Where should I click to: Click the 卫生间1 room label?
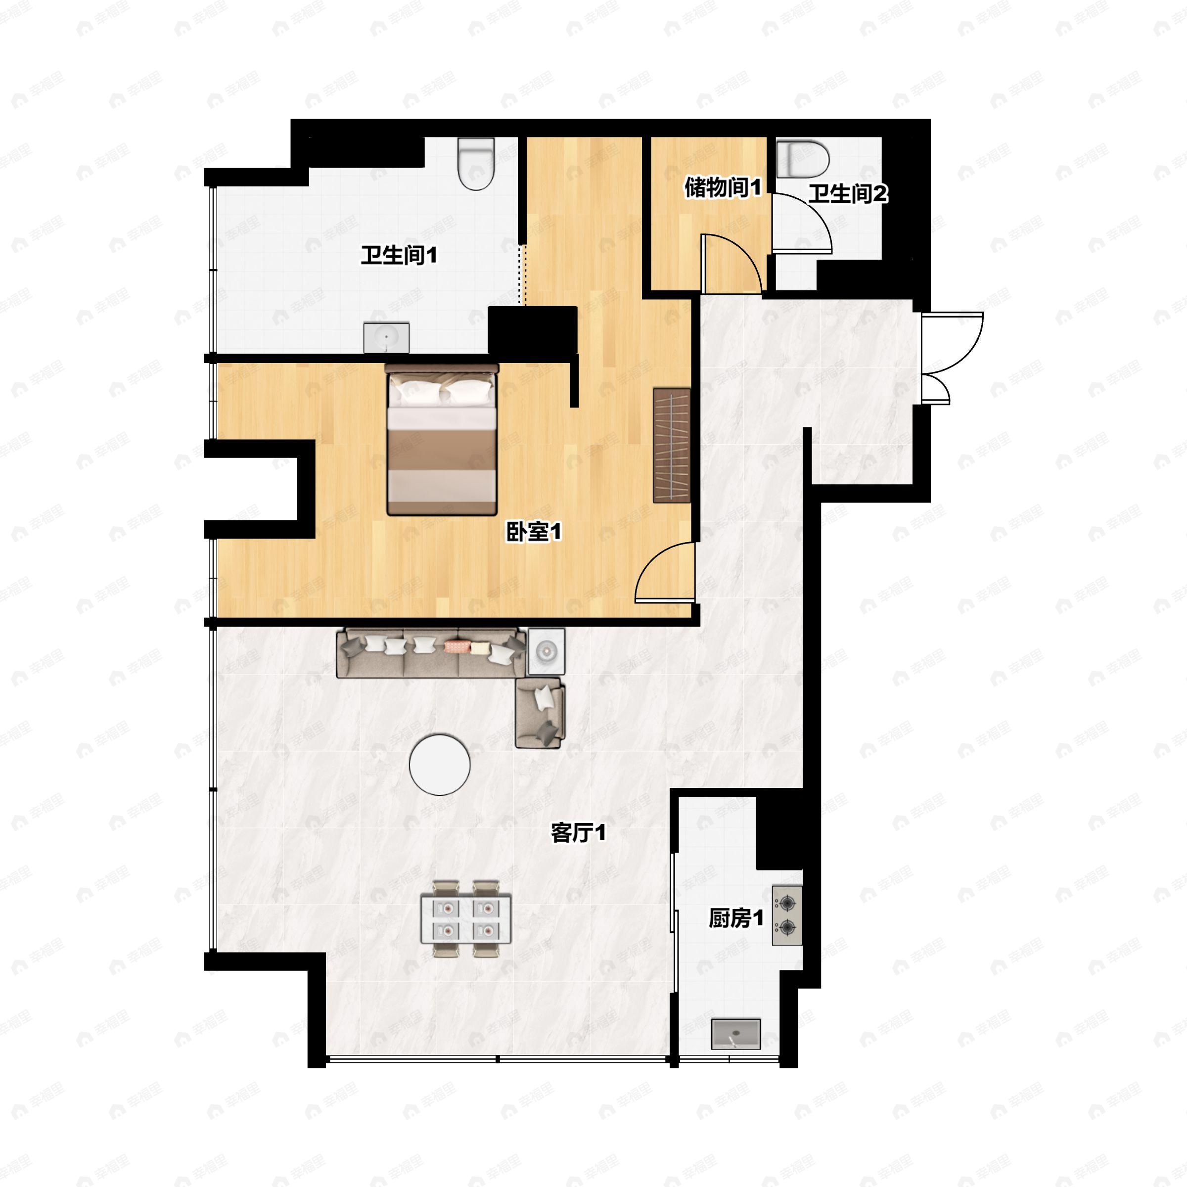coord(399,255)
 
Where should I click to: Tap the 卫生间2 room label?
coord(848,194)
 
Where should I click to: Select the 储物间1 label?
coord(723,187)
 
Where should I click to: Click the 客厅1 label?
coord(578,832)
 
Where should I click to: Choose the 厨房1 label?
coord(736,918)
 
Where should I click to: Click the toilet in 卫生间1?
coord(476,163)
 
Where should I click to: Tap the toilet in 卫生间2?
coord(802,159)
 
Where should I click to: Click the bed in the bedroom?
coord(442,439)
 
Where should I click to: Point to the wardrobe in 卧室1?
coord(672,446)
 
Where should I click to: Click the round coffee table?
coord(440,765)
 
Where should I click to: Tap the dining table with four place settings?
coord(466,918)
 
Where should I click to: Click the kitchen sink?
coord(736,1034)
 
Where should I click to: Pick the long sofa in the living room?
coord(431,652)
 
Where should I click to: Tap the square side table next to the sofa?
coord(546,651)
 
